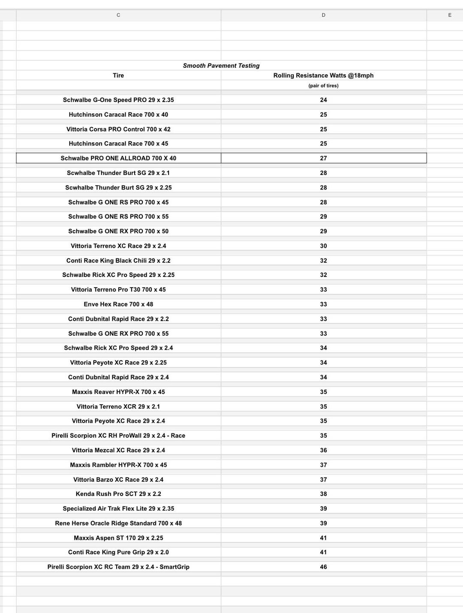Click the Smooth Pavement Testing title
pyautogui.click(x=221, y=66)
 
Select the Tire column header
pyautogui.click(x=118, y=75)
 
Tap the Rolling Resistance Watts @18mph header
pyautogui.click(x=323, y=75)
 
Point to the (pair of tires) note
pyautogui.click(x=323, y=86)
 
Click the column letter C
pyautogui.click(x=118, y=15)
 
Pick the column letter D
pyautogui.click(x=323, y=15)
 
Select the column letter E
pyautogui.click(x=450, y=15)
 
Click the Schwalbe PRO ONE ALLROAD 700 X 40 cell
pyautogui.click(x=118, y=158)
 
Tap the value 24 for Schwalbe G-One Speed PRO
pyautogui.click(x=323, y=100)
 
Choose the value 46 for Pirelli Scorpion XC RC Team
pyautogui.click(x=323, y=567)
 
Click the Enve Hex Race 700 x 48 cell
pyautogui.click(x=118, y=304)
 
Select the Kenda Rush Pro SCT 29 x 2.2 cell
pyautogui.click(x=118, y=494)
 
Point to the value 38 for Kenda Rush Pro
pyautogui.click(x=323, y=494)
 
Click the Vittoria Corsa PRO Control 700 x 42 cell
pyautogui.click(x=118, y=129)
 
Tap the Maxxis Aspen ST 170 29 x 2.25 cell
pyautogui.click(x=118, y=538)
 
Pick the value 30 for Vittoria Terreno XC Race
pyautogui.click(x=323, y=246)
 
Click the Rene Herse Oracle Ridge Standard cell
pyautogui.click(x=118, y=523)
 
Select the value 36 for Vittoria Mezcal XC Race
pyautogui.click(x=323, y=450)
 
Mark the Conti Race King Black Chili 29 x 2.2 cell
pyautogui.click(x=118, y=261)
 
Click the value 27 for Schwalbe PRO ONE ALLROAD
pyautogui.click(x=323, y=158)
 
